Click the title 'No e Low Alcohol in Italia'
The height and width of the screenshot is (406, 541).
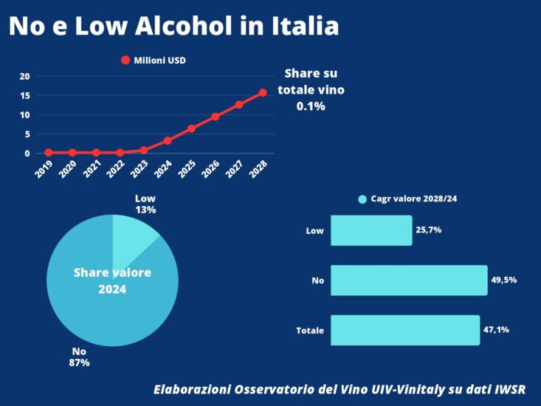click(173, 27)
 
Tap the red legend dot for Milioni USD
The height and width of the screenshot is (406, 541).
click(125, 61)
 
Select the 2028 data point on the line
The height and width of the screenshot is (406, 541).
click(262, 93)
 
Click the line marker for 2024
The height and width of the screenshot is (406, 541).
click(168, 140)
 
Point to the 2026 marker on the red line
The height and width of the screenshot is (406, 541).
click(215, 117)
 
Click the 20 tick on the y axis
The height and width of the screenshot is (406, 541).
click(24, 76)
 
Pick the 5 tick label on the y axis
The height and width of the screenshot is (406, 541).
click(27, 134)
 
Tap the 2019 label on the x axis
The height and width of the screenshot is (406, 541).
click(43, 169)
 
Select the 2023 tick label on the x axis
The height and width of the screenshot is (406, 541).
click(138, 169)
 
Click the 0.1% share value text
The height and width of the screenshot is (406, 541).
click(311, 106)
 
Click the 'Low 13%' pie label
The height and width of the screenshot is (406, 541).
click(145, 204)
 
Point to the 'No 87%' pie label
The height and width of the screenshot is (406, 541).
click(79, 357)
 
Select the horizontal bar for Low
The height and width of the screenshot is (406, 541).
click(371, 230)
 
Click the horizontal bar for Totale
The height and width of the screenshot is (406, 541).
click(405, 330)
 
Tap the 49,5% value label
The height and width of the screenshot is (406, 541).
click(503, 281)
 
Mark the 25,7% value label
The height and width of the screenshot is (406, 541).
click(428, 230)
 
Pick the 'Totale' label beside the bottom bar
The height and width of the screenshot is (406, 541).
click(310, 331)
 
